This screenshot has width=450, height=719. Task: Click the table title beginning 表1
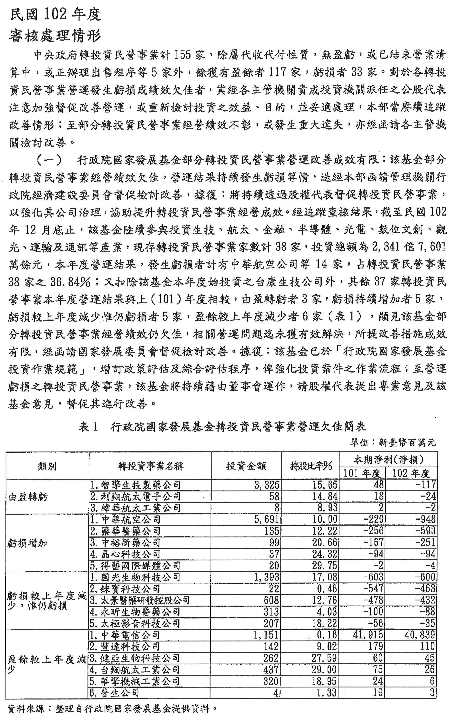point(222,427)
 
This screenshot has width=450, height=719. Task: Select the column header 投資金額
point(246,465)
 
